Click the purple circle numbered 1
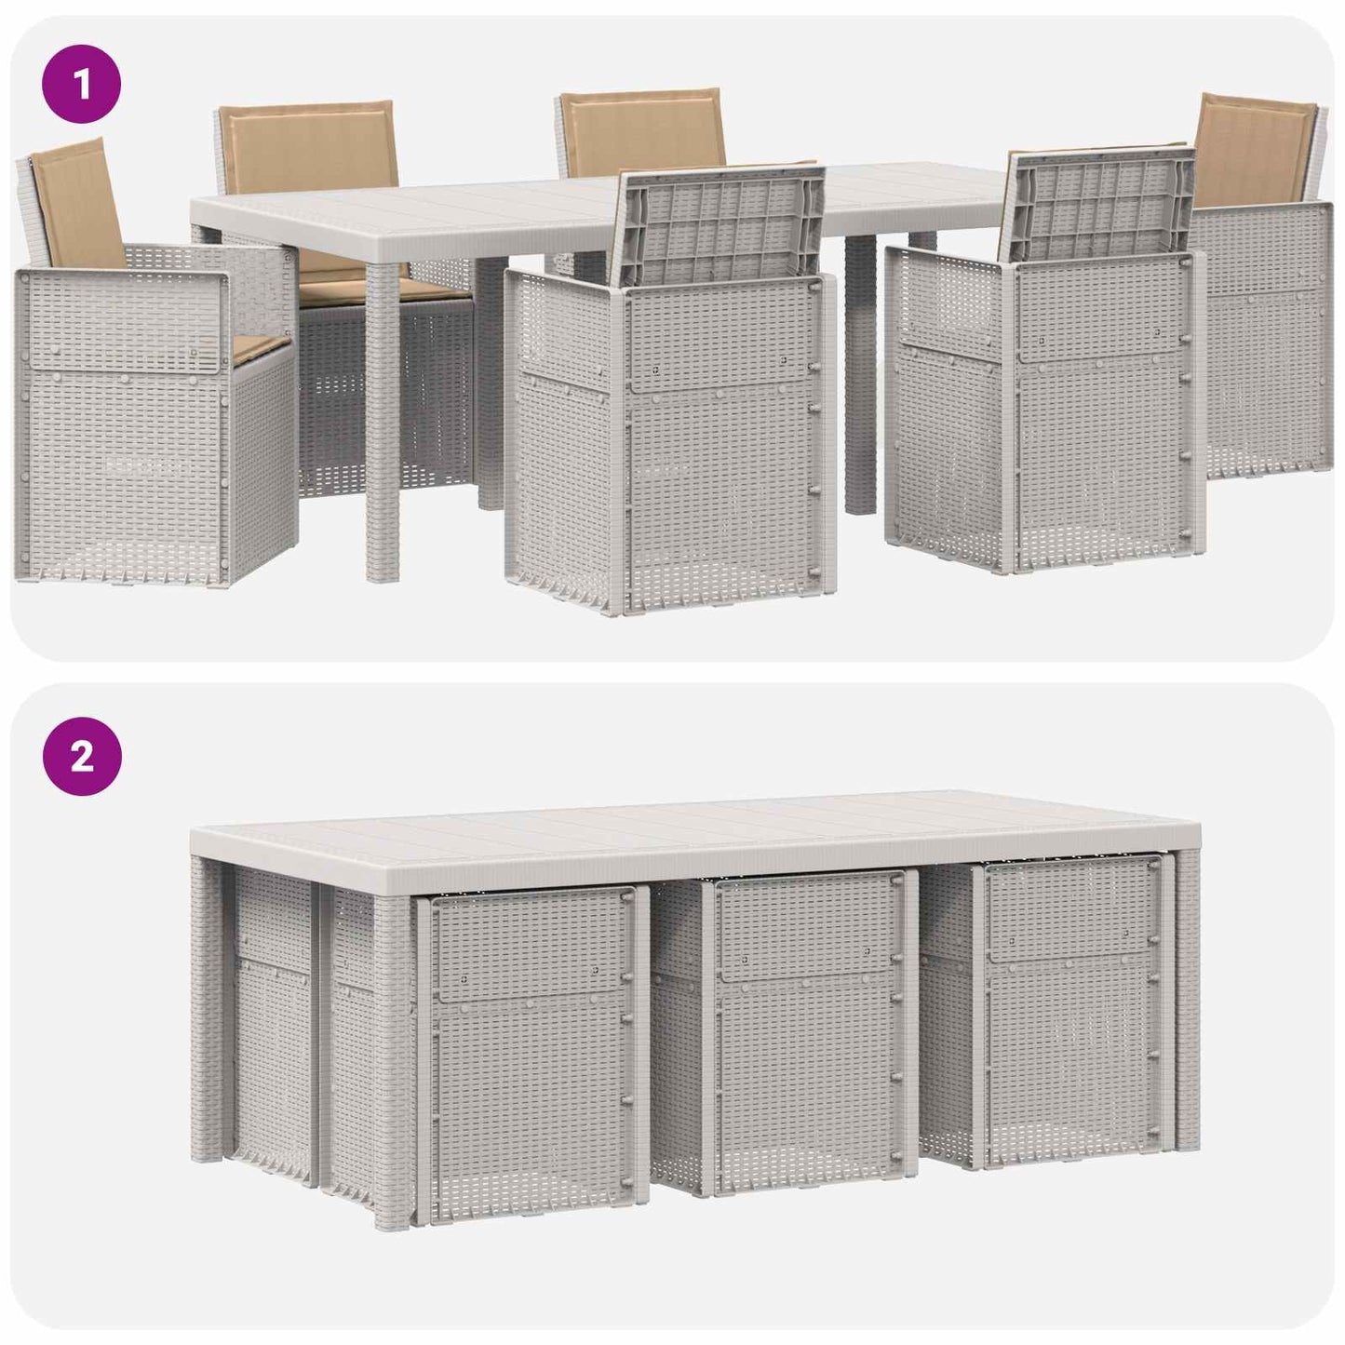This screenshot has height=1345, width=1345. (82, 84)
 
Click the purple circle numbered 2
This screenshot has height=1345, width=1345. (82, 756)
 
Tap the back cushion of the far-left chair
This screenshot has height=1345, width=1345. (76, 203)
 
